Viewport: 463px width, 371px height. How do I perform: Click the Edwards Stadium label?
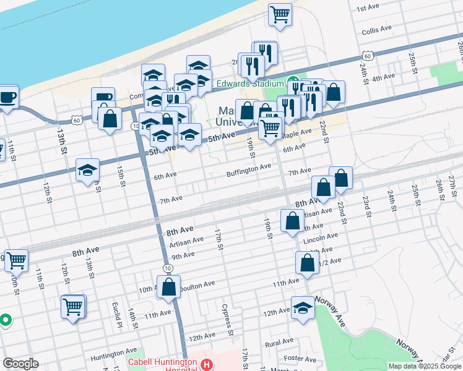pos(250,83)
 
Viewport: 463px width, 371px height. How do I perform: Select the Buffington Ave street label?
pos(248,167)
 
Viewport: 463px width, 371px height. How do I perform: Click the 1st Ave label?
pos(368,7)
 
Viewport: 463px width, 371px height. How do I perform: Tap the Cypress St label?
pos(228,324)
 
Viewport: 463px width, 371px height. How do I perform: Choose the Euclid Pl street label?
pos(116,315)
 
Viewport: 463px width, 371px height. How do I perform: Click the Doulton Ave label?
pos(197,284)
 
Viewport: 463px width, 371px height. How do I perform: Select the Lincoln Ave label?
pos(321,236)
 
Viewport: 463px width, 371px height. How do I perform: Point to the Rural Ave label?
pos(279,342)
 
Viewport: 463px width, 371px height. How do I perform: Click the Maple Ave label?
pos(296,134)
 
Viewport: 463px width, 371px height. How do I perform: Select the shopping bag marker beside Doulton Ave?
pos(168,288)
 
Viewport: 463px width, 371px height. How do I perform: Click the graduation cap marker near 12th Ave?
pos(303,309)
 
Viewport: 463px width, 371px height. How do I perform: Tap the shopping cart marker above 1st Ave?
pos(280,15)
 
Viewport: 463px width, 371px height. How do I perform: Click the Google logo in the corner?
pos(20,364)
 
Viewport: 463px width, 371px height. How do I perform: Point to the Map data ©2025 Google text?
pos(424,366)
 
